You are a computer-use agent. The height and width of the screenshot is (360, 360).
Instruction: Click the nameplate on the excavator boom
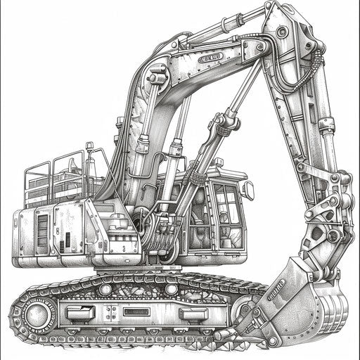[208, 58]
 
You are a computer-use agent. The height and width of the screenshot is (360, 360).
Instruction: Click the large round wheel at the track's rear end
[36, 310]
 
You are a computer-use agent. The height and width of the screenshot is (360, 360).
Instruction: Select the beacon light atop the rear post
[90, 146]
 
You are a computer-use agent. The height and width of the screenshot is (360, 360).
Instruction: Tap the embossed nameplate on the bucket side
[276, 288]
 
